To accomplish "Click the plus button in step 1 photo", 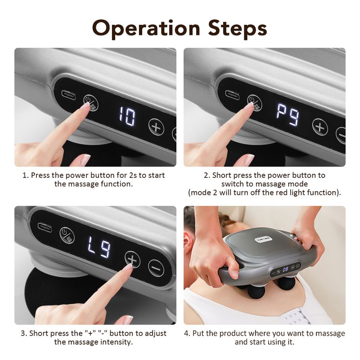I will [157, 127].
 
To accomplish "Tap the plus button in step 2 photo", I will [320, 126].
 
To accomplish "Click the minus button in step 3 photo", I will [156, 268].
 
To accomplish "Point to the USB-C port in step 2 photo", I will [233, 94].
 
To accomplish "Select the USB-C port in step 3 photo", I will [44, 227].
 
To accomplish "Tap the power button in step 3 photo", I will [67, 235].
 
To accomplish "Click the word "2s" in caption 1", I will [121, 175].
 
